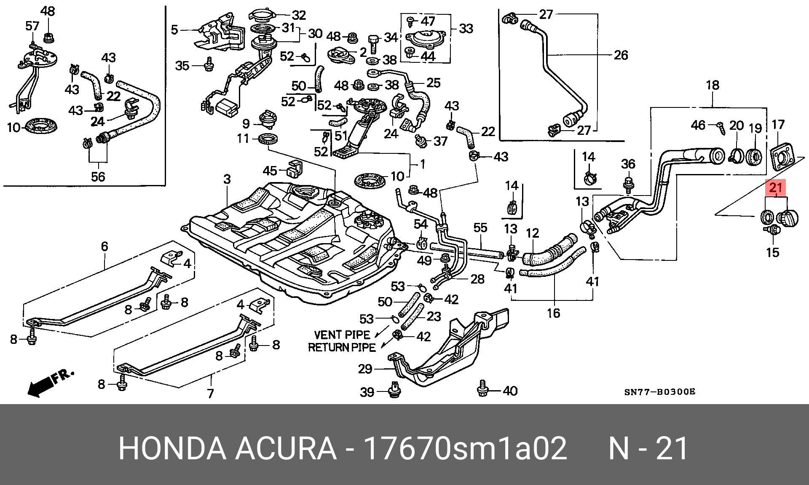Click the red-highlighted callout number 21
[776, 188]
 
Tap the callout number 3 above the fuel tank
[227, 180]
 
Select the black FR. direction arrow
[50, 383]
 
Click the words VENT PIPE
[342, 335]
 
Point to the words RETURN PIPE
[342, 348]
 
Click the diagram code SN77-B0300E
[659, 392]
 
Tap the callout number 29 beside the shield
[365, 369]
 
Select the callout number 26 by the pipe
[621, 55]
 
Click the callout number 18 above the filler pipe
[713, 86]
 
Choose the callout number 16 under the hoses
[554, 313]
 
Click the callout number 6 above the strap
[104, 247]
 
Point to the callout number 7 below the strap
[210, 394]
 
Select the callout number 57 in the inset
[32, 26]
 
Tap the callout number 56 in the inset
[98, 177]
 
